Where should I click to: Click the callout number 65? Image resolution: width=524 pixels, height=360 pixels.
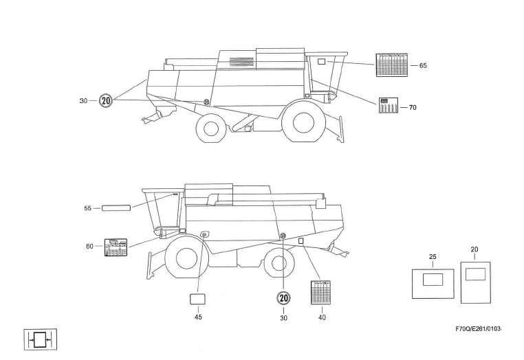(x=423, y=65)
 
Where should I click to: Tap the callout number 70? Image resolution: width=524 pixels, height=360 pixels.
(x=413, y=107)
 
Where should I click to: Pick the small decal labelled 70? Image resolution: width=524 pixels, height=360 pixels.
(x=389, y=106)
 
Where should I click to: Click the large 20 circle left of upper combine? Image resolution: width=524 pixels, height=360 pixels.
(x=106, y=100)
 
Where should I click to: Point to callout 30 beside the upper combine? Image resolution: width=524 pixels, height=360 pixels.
(x=83, y=101)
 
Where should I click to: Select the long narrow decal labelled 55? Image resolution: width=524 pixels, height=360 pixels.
(x=116, y=207)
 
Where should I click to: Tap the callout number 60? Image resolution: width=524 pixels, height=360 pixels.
(x=89, y=246)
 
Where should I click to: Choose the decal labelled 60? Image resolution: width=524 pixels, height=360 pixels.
(x=116, y=247)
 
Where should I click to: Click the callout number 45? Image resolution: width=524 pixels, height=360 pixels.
(x=198, y=317)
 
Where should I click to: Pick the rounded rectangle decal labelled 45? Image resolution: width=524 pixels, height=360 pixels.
(x=198, y=299)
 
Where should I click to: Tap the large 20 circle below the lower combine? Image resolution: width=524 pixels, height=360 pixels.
(x=283, y=297)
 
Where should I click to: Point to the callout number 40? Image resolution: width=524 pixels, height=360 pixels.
(x=322, y=317)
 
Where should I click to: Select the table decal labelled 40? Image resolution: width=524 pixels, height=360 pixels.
(x=321, y=293)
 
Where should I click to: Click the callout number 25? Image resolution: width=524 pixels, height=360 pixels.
(x=433, y=258)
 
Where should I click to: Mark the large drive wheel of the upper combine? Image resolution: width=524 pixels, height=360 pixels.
(x=303, y=122)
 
